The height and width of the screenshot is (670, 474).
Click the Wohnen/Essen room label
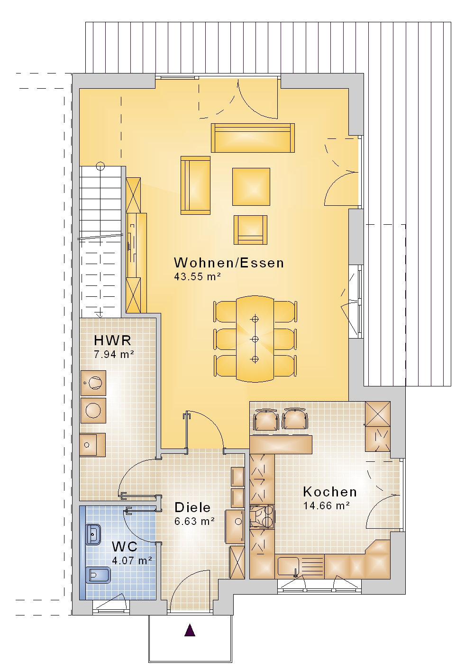pyautogui.click(x=229, y=263)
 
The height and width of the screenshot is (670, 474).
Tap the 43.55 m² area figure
pyautogui.click(x=197, y=276)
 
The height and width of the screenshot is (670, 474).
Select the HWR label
pyautogui.click(x=113, y=340)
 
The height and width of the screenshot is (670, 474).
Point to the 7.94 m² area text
pyautogui.click(x=114, y=355)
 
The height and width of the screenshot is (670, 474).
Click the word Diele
pyautogui.click(x=192, y=507)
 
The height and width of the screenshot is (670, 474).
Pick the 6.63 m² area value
pyautogui.click(x=194, y=521)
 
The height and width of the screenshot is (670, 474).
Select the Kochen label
pyautogui.click(x=330, y=492)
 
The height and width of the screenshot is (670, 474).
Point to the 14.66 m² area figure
pyautogui.click(x=327, y=506)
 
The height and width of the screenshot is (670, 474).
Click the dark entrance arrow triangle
pyautogui.click(x=190, y=630)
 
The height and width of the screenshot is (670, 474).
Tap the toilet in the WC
pyautogui.click(x=98, y=575)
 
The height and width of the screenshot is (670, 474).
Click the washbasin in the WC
pyautogui.click(x=93, y=534)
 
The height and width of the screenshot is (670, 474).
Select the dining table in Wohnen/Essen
pyautogui.click(x=255, y=339)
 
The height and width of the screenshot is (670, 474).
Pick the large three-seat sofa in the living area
pyautogui.click(x=253, y=138)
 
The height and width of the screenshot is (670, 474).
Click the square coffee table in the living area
pyautogui.click(x=251, y=187)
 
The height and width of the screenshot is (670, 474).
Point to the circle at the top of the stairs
pyautogui.click(x=100, y=165)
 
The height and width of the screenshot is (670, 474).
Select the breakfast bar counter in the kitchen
pyautogui.click(x=281, y=444)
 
